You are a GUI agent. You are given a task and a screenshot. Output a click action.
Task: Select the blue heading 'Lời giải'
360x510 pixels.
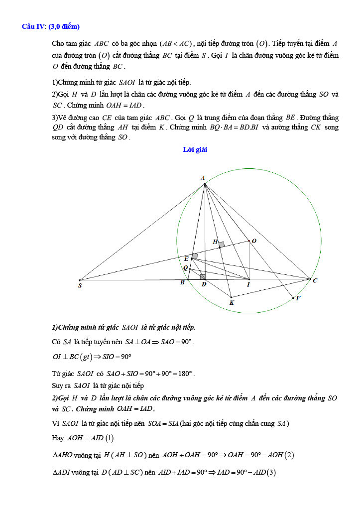point(195,149)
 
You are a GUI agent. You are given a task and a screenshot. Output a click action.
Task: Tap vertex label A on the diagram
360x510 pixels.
point(203,178)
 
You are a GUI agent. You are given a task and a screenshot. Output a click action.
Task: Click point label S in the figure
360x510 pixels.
point(80,286)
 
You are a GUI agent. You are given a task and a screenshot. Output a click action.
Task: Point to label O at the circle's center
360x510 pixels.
point(254,241)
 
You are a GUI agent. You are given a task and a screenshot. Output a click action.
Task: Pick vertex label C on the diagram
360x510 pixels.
point(315,281)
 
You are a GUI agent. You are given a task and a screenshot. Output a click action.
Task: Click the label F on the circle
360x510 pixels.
point(298,298)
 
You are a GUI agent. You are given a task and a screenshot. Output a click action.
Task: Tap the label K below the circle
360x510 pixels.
point(232,302)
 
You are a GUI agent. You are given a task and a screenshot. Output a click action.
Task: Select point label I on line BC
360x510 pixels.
point(248,284)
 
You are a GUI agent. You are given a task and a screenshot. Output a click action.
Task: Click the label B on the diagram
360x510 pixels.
point(182,283)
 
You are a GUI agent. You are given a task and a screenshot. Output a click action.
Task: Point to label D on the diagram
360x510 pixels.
point(204,284)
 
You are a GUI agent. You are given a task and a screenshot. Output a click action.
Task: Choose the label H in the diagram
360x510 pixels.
point(215,242)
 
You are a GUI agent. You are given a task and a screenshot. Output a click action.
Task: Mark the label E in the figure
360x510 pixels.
point(186,259)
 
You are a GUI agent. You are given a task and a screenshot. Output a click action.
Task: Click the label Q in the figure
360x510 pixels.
point(185,268)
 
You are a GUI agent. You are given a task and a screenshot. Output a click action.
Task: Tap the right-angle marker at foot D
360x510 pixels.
point(203,276)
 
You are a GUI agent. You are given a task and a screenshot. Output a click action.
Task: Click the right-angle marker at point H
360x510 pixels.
point(221,245)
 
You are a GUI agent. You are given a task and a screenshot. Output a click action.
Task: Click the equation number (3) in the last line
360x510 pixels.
point(271,472)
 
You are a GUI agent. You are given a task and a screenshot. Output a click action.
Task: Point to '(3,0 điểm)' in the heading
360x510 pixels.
point(64,26)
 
